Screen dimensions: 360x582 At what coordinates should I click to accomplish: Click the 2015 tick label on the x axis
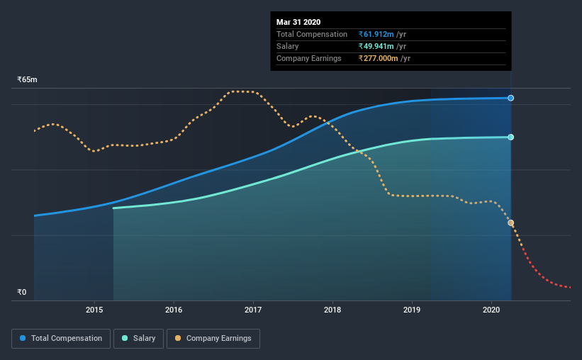(94, 310)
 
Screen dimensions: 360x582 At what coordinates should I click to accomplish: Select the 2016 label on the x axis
(174, 310)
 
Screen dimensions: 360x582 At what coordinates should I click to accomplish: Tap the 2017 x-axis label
(253, 310)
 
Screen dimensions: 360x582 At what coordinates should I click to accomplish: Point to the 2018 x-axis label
(332, 310)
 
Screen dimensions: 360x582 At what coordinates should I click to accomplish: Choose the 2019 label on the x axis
(413, 310)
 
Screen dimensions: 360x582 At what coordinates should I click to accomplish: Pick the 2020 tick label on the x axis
(493, 310)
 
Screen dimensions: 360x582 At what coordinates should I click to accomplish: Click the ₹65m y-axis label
(27, 80)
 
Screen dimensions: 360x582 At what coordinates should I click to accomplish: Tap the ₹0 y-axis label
(21, 292)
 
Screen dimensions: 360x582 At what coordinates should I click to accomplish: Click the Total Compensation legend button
(61, 339)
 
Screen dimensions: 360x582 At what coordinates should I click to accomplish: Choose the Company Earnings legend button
(213, 339)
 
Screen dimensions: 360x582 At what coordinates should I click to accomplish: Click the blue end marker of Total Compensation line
(510, 98)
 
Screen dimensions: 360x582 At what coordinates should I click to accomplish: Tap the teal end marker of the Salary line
(510, 137)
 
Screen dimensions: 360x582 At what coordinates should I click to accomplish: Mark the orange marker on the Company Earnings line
(510, 223)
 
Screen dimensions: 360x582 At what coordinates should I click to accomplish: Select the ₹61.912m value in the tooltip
(379, 34)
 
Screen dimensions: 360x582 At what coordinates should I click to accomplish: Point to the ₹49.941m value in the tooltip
(379, 46)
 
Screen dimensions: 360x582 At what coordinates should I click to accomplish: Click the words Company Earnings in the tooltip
(309, 58)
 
